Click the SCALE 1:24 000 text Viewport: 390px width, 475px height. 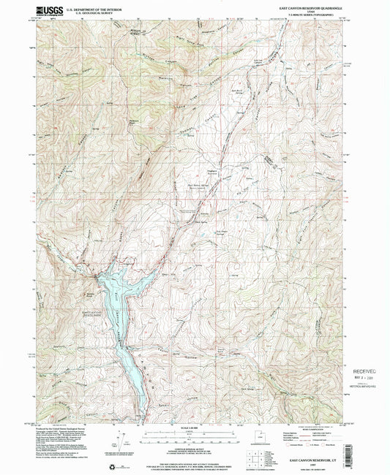[195, 427]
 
